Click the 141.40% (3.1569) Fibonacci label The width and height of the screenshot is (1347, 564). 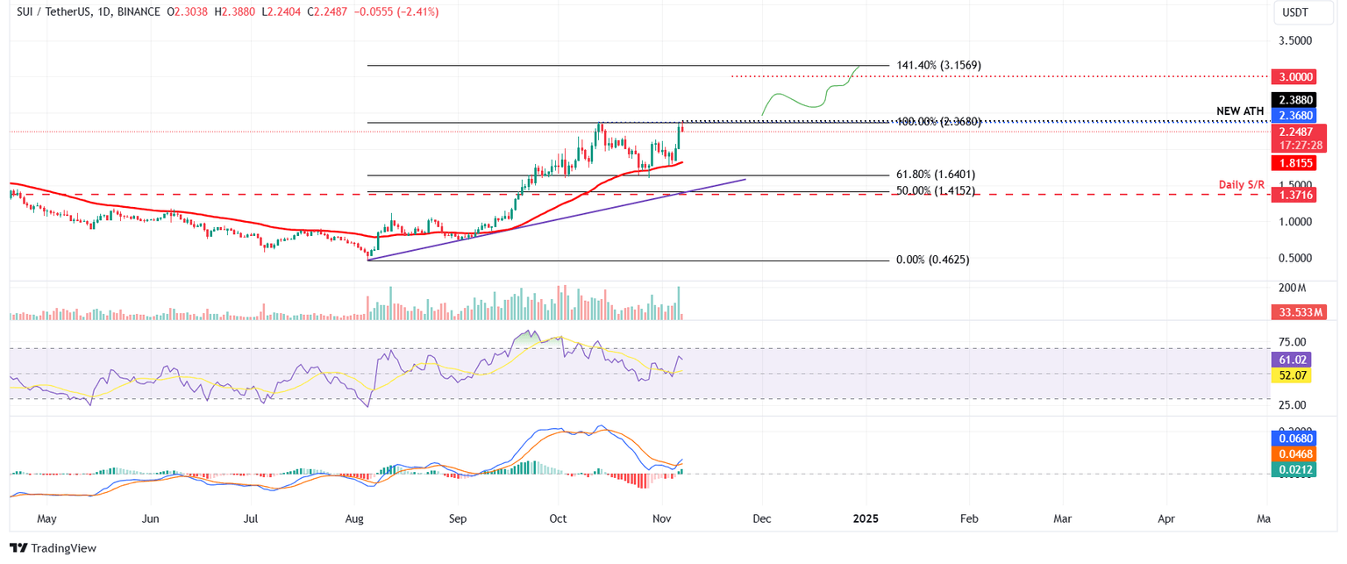(938, 66)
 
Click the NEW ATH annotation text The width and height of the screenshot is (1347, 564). (1240, 111)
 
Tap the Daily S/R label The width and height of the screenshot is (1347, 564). (1241, 185)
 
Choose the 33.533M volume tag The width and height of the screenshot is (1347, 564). (1300, 312)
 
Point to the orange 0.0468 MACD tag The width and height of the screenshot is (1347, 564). (1294, 453)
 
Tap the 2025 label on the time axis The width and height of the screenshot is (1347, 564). (866, 518)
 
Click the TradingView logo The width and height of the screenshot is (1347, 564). (53, 548)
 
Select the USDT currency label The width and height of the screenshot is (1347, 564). (1294, 12)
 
